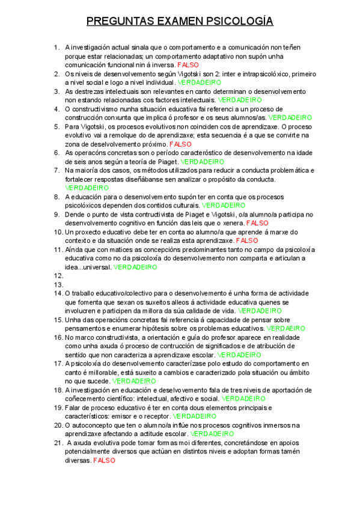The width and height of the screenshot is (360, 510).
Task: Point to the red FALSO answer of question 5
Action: tap(180, 144)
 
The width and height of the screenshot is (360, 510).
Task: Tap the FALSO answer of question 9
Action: tap(257, 223)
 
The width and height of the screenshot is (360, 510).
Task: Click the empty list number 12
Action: tap(58, 275)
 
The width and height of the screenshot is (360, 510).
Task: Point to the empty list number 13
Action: tap(58, 284)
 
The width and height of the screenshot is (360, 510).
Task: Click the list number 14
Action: tap(58, 293)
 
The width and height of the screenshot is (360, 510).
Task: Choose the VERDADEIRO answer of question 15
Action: tap(285, 328)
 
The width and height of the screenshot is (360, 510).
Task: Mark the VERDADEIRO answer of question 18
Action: tap(244, 399)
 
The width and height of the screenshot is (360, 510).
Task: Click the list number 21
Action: tap(58, 443)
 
